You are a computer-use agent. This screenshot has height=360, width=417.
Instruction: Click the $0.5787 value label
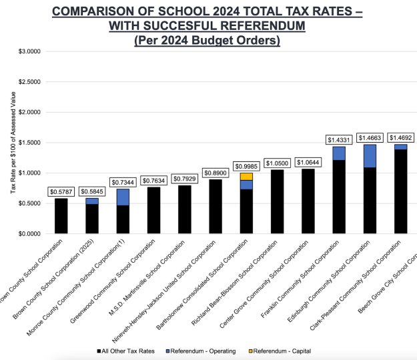pos(61,192)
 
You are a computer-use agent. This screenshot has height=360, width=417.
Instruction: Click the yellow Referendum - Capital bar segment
pos(246,177)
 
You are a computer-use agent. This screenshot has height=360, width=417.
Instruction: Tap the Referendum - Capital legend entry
pos(281,351)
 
